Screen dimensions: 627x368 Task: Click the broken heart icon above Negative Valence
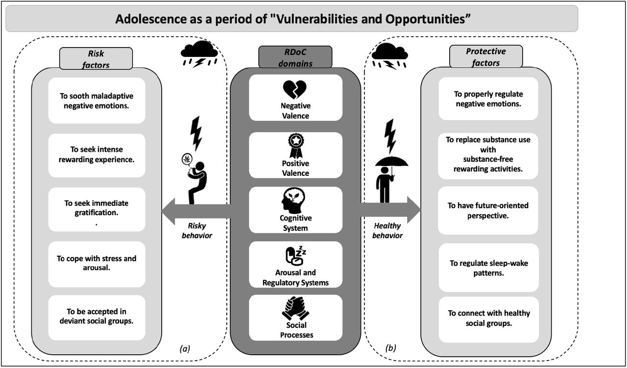[x=295, y=89]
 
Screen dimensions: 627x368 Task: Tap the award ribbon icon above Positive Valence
[x=295, y=146]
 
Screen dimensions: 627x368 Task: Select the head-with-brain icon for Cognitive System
[x=293, y=200]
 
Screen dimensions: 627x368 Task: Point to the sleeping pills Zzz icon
[x=295, y=255]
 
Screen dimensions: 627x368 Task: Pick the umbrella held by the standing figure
[x=391, y=162]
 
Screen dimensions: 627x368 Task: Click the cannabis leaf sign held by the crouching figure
[x=187, y=160]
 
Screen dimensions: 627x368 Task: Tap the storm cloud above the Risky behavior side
[x=199, y=53]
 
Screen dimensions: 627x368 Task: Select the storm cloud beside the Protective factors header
[x=389, y=56]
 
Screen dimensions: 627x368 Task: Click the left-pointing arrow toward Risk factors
[x=195, y=211]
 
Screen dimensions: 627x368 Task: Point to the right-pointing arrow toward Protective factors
[x=391, y=210]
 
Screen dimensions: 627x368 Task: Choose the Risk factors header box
[x=96, y=58]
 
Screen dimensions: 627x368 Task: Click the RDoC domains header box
[x=295, y=57]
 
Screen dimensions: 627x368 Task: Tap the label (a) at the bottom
[x=185, y=348]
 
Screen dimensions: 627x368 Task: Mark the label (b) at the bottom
[x=391, y=348]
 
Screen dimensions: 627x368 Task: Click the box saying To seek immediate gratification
[x=96, y=210]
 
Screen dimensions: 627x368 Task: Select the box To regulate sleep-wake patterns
[x=488, y=268]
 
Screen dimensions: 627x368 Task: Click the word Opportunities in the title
[x=428, y=19]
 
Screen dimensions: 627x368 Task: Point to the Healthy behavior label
[x=387, y=230]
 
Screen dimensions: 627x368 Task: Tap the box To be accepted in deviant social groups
[x=96, y=318]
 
